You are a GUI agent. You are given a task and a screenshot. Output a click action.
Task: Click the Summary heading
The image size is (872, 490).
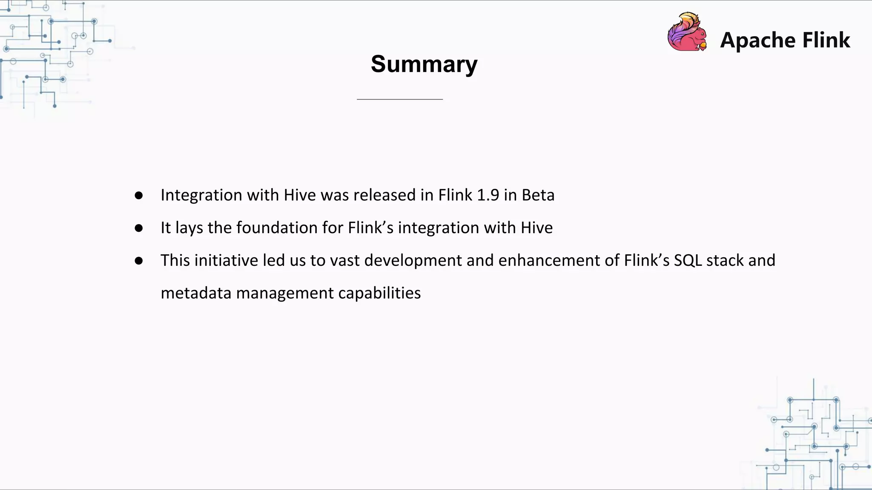click(424, 64)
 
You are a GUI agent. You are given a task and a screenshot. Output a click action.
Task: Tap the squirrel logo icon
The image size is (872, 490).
click(687, 32)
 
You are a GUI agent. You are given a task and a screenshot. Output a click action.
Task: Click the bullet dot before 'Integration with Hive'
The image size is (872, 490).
click(138, 195)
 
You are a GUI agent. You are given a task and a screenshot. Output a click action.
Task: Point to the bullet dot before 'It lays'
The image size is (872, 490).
click(138, 228)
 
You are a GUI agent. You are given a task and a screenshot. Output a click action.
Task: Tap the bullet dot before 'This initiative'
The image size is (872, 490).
click(138, 261)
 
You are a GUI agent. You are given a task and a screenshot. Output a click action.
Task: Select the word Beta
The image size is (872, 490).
click(538, 195)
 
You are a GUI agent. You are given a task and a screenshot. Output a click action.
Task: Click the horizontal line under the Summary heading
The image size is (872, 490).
click(400, 99)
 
